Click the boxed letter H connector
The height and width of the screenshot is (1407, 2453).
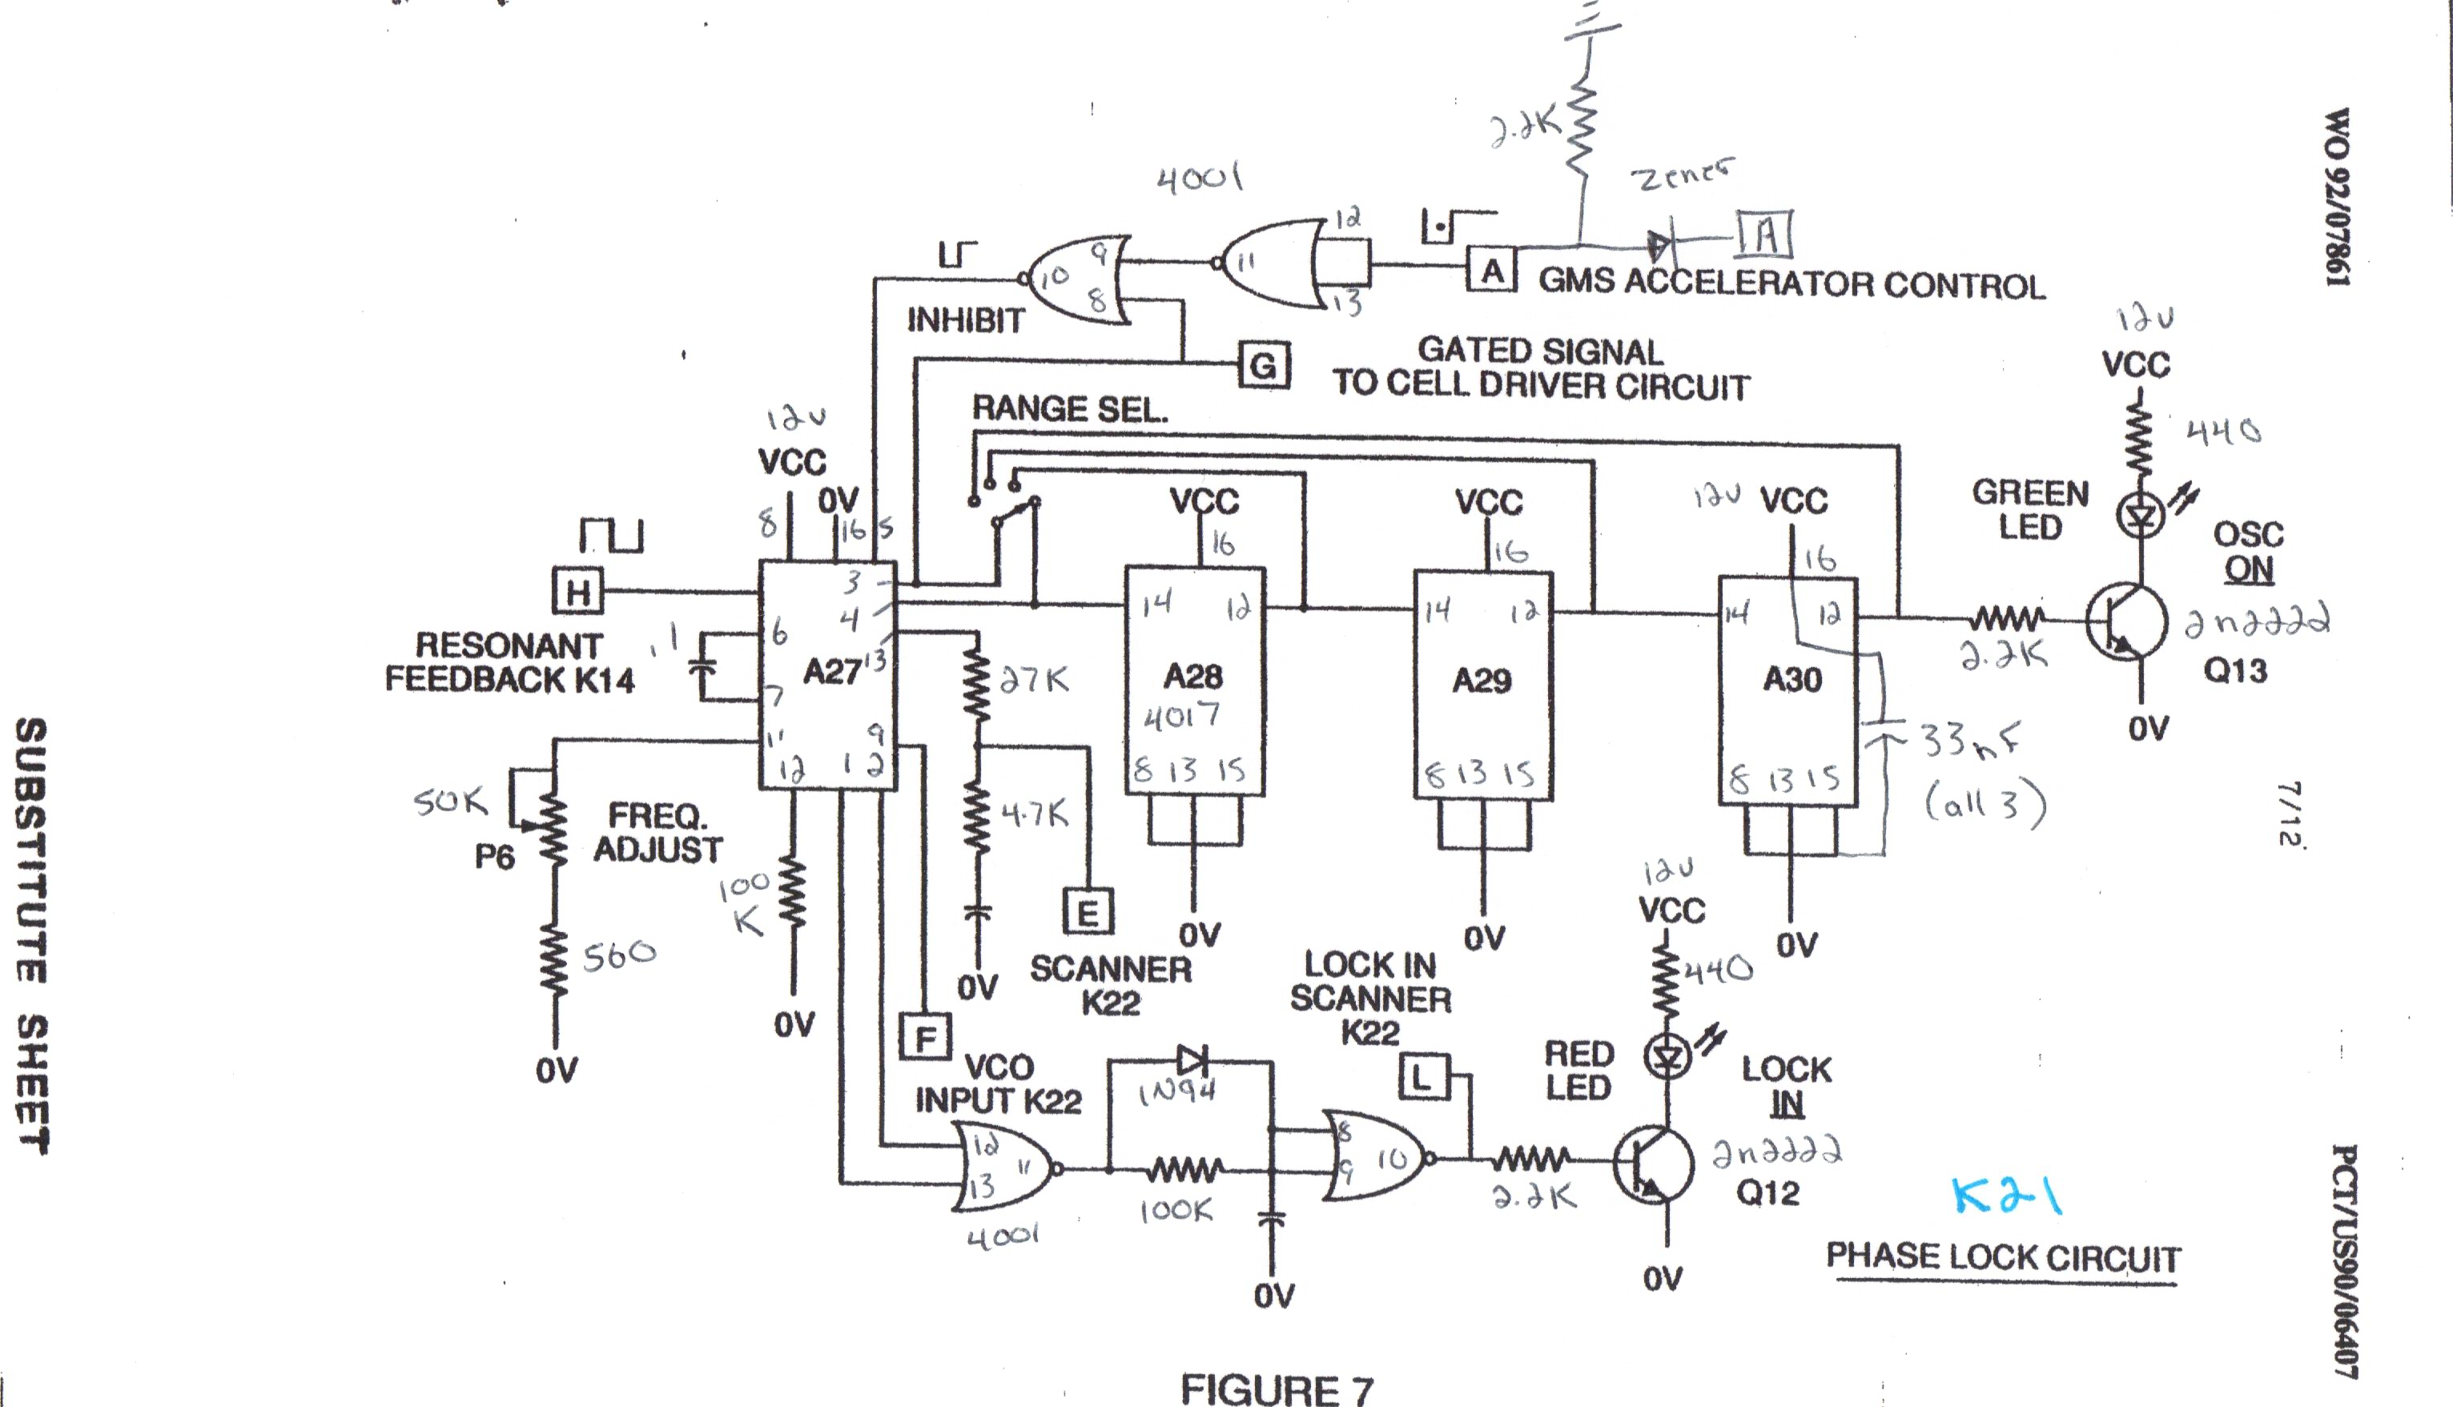[x=577, y=590]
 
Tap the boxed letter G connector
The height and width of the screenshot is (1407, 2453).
[x=1264, y=365]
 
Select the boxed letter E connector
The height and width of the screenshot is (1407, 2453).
[x=1087, y=911]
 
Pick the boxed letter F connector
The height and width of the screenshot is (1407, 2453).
[x=925, y=1038]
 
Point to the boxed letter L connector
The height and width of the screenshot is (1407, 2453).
[x=1423, y=1078]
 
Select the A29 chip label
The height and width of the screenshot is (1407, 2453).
[x=1481, y=681]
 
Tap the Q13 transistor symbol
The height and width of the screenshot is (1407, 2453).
[x=2125, y=621]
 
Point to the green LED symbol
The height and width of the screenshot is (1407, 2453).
[x=2140, y=516]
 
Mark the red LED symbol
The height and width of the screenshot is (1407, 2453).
[x=1667, y=1057]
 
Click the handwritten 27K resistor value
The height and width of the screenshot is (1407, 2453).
[x=1034, y=681]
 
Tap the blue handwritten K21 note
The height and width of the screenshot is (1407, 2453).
[x=2005, y=1196]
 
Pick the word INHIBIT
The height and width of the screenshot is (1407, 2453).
[x=965, y=320]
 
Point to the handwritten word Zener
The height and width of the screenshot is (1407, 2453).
[x=1681, y=176]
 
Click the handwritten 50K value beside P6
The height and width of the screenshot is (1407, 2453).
[x=450, y=801]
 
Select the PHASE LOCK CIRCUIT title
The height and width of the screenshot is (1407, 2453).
[x=2003, y=1257]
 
